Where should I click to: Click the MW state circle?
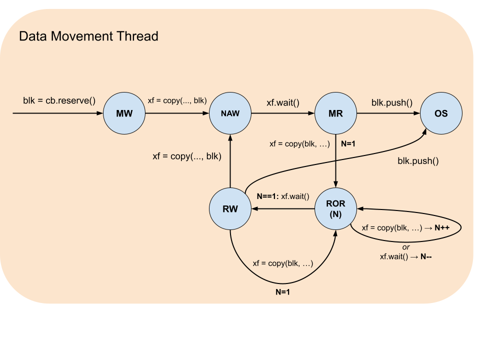tap(124, 113)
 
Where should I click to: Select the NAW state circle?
tap(230, 113)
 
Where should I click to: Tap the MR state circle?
tap(335, 113)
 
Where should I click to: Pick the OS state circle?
tap(441, 113)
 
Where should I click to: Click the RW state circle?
tap(230, 208)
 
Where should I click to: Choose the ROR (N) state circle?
tap(335, 208)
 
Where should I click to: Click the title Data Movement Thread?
tap(88, 36)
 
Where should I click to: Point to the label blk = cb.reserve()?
tap(59, 100)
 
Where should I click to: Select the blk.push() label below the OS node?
tap(418, 161)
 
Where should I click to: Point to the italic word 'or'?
tap(405, 247)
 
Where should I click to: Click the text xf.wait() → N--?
tap(405, 256)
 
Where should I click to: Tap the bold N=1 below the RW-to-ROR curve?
tap(282, 292)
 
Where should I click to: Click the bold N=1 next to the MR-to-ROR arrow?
tap(348, 143)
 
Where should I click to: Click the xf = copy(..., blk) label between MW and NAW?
tap(177, 100)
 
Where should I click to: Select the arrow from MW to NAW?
tap(177, 113)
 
